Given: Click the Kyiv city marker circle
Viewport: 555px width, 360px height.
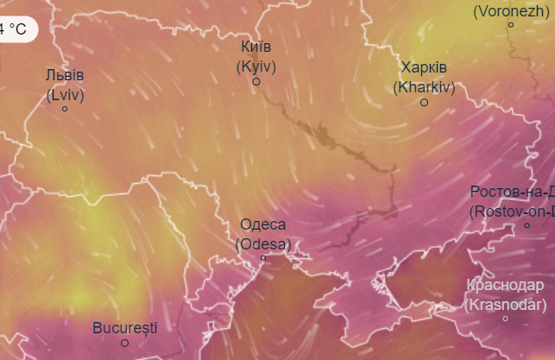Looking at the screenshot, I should click(x=256, y=82).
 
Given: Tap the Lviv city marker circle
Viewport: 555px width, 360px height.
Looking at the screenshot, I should click(x=65, y=109).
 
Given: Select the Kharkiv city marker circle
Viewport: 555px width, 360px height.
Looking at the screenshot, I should click(x=424, y=103).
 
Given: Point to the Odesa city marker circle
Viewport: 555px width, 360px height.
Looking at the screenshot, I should click(x=263, y=258).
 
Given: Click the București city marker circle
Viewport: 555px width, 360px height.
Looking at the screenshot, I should click(x=124, y=343).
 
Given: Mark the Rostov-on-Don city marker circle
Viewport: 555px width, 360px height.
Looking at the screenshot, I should click(x=527, y=225).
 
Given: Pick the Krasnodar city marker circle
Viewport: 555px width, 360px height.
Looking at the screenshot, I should click(x=506, y=319).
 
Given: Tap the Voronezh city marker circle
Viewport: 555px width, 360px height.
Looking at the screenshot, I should click(x=511, y=24).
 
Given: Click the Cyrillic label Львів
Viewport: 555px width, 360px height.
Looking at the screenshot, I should click(x=66, y=76).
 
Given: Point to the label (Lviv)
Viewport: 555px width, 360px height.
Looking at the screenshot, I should click(x=66, y=93).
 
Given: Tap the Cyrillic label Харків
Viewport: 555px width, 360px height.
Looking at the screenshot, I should click(x=424, y=69).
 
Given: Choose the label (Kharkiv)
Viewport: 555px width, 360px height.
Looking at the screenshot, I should click(x=424, y=86).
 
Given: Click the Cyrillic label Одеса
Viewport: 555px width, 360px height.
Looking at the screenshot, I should click(x=263, y=225).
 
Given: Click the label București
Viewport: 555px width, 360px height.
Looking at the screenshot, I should click(x=125, y=327).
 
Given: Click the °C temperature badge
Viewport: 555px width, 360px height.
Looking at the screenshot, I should click(x=16, y=28).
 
